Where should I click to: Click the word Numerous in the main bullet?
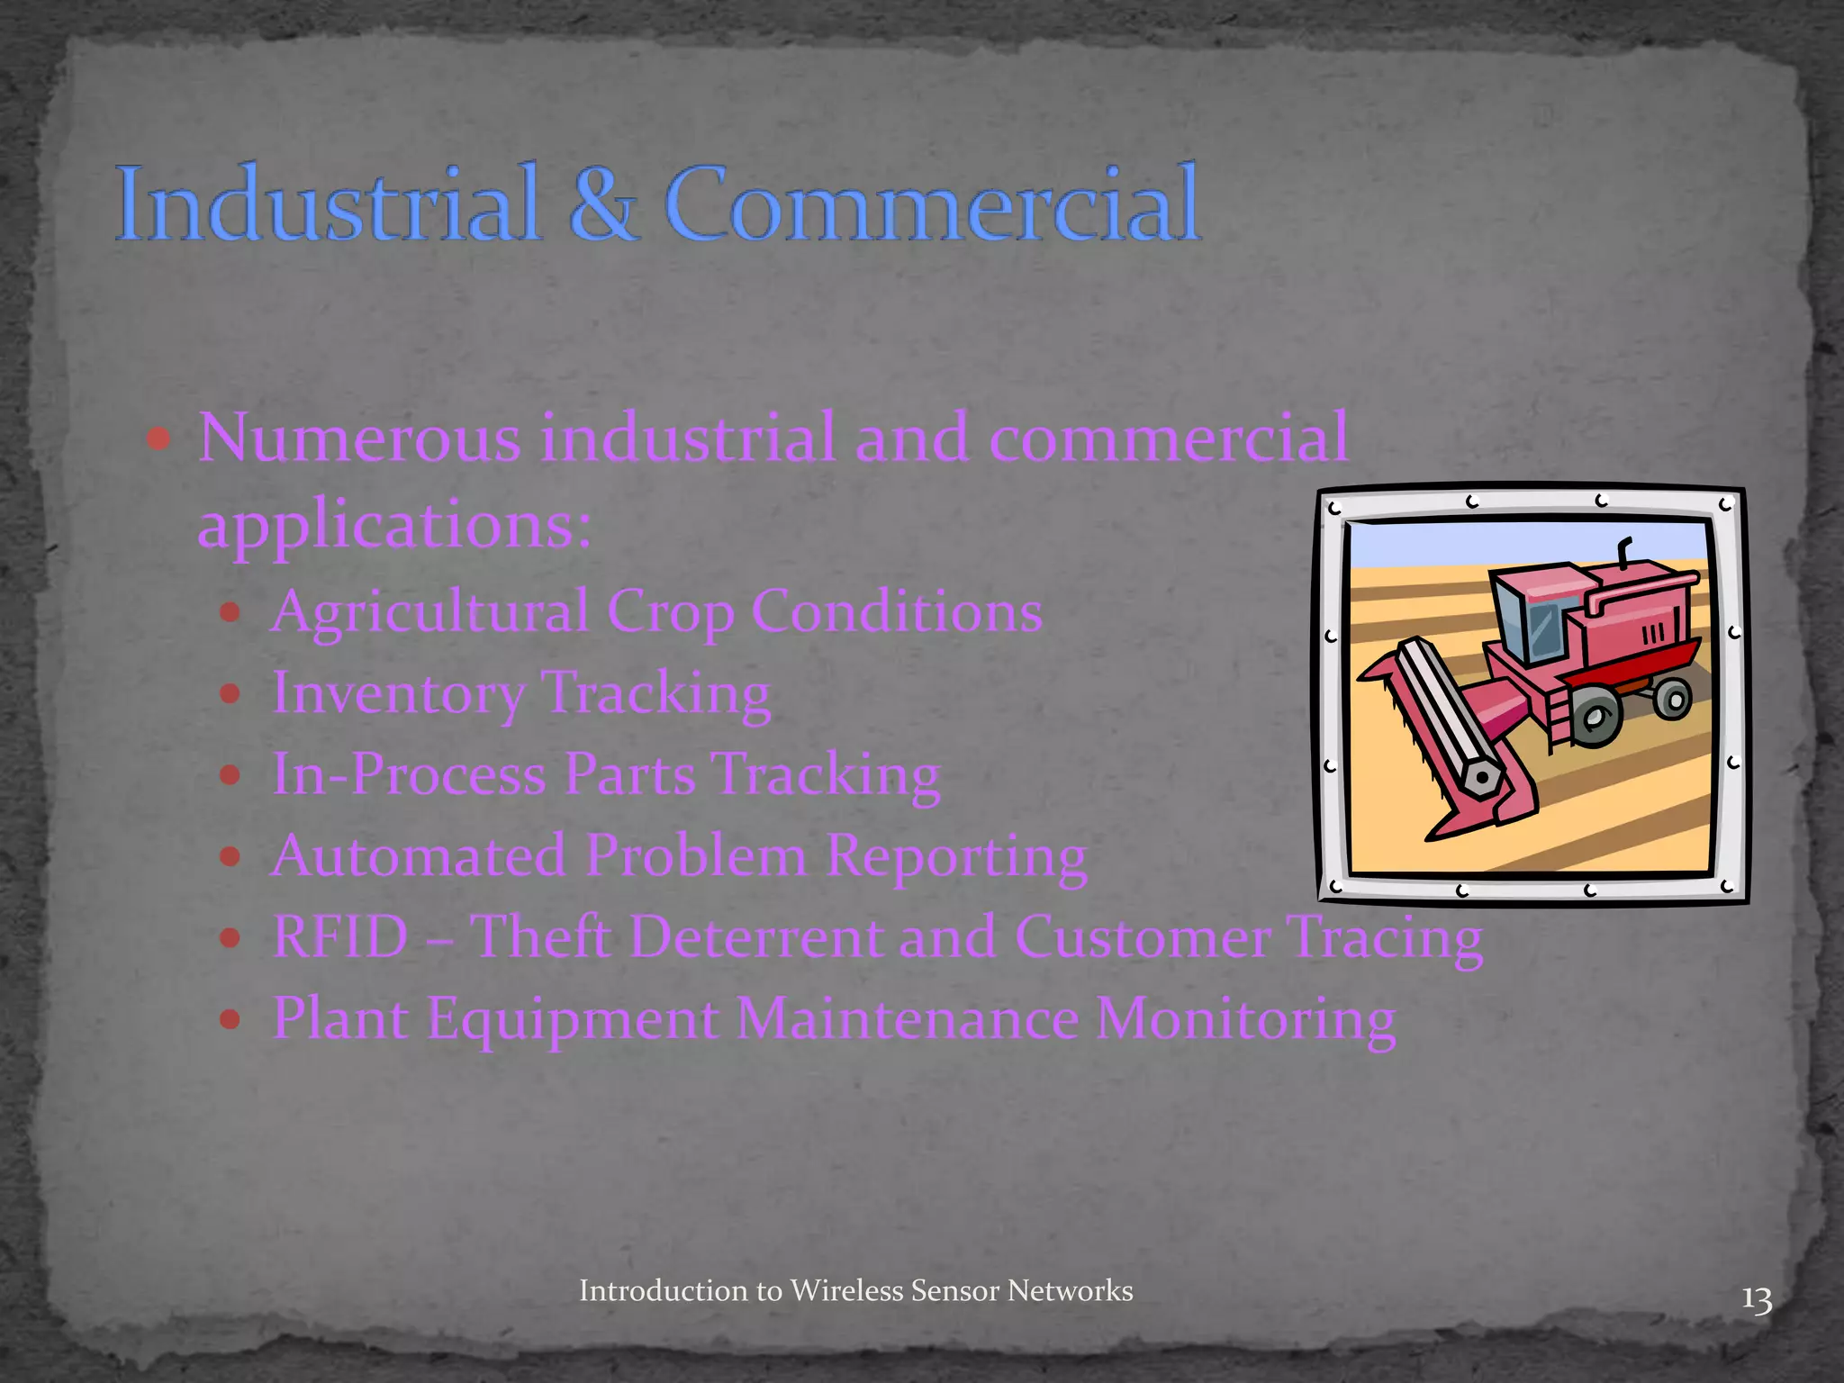pyautogui.click(x=359, y=438)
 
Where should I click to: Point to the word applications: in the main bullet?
pyautogui.click(x=394, y=525)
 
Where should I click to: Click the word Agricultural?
pyautogui.click(x=430, y=612)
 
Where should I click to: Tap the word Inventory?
pyautogui.click(x=398, y=693)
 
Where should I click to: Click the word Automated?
pyautogui.click(x=419, y=855)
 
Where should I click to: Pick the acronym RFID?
pyautogui.click(x=340, y=936)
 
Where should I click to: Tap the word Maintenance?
pyautogui.click(x=908, y=1018)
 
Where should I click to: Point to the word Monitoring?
pyautogui.click(x=1246, y=1018)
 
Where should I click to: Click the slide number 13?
pyautogui.click(x=1757, y=1300)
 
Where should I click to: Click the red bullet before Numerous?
pyautogui.click(x=158, y=439)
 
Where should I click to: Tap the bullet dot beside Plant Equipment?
pyautogui.click(x=230, y=1018)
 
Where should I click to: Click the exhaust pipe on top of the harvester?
pyautogui.click(x=1625, y=551)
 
